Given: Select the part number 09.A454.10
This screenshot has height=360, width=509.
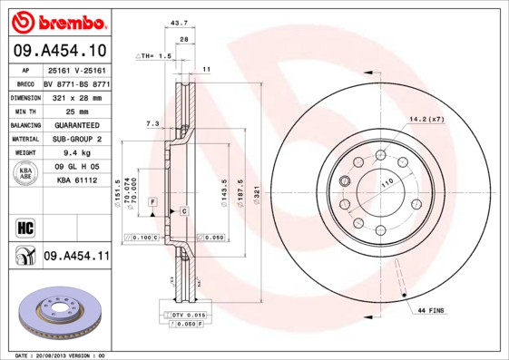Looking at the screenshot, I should [x=58, y=49].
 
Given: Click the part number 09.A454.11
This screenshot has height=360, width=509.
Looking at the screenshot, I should [x=76, y=257].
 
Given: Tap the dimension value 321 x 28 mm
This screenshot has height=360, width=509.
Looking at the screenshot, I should [x=76, y=96].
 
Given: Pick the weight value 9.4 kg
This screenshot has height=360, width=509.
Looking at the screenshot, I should [x=76, y=153].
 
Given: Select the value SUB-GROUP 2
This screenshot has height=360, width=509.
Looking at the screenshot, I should [x=76, y=139].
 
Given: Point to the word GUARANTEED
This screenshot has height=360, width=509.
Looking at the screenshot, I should [x=76, y=124].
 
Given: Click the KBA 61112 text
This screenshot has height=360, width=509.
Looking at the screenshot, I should [x=76, y=181].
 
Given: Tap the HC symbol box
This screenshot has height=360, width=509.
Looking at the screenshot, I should [x=24, y=225].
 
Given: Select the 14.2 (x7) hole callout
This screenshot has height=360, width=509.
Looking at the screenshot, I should [x=426, y=119].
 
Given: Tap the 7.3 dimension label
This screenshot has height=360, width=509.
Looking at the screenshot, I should [x=152, y=122].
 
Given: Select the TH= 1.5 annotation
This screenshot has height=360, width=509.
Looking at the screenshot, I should [x=153, y=56].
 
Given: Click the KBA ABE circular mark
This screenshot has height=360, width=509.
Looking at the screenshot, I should [x=24, y=174].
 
